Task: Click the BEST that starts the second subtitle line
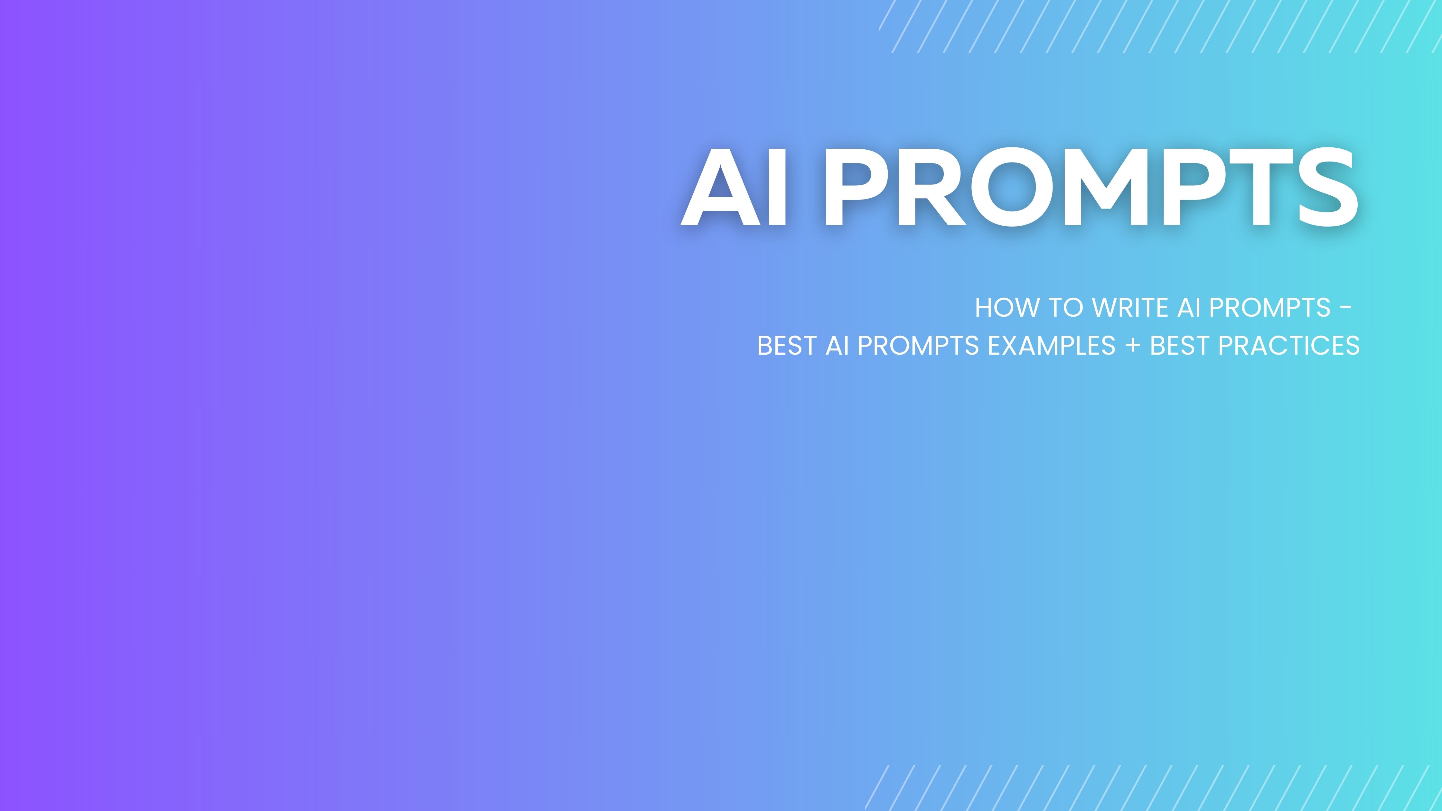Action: pos(786,346)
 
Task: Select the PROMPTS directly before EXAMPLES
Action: pos(918,346)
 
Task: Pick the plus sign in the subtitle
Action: pos(1132,346)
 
